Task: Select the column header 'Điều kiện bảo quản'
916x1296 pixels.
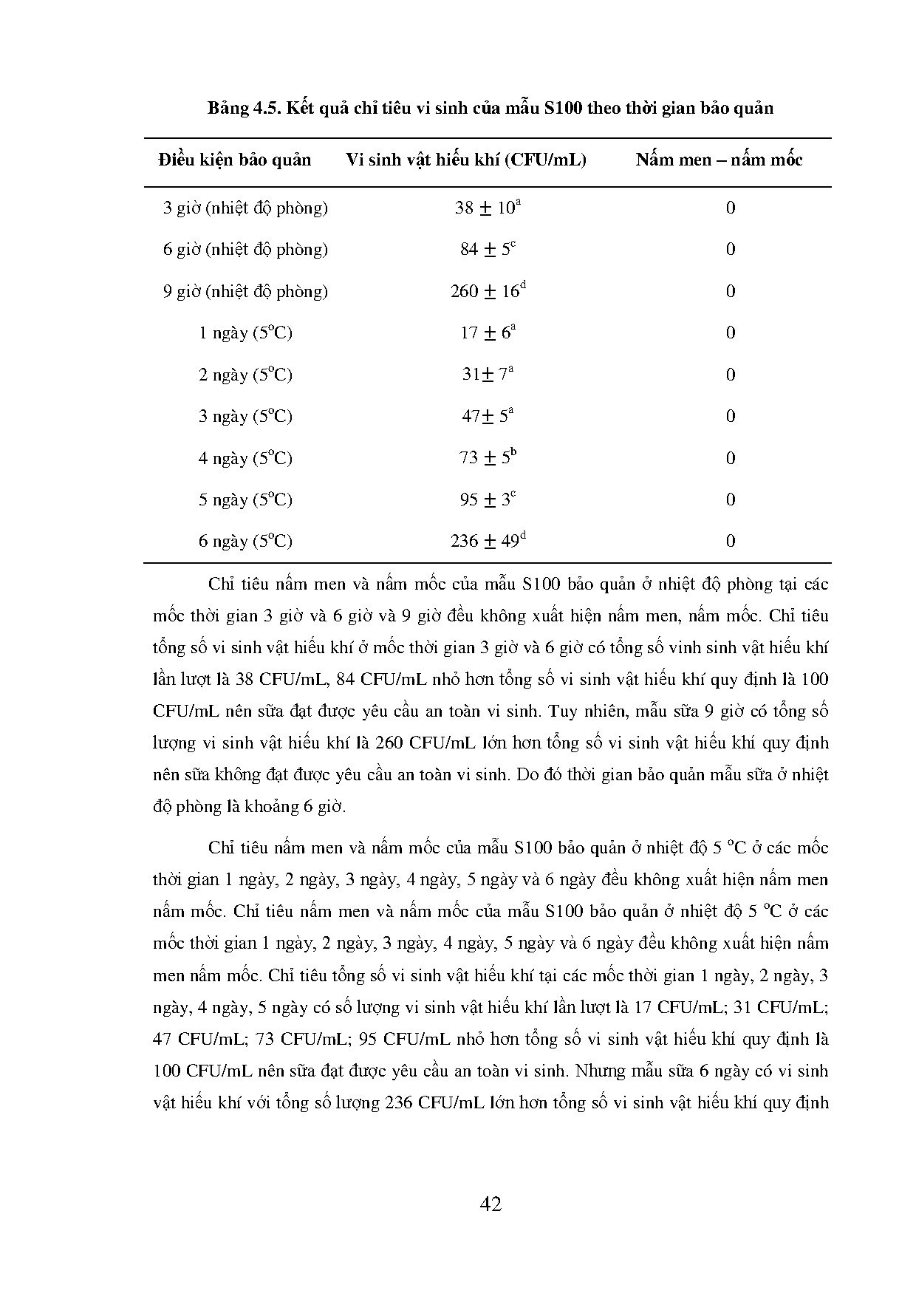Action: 234,160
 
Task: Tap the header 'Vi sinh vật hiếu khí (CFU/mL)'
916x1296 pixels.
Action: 466,160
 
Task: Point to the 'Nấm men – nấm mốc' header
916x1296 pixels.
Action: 719,160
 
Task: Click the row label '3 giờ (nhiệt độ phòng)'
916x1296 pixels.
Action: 245,208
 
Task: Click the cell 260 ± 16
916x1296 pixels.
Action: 488,291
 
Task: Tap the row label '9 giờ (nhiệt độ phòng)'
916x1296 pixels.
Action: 245,292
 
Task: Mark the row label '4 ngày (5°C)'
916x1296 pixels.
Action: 245,459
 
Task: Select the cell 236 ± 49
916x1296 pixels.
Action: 488,542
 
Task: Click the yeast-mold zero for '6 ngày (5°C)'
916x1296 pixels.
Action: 731,542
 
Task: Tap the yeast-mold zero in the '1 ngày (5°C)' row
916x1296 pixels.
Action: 731,333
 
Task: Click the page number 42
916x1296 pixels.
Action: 491,1205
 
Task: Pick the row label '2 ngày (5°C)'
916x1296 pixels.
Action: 245,375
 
